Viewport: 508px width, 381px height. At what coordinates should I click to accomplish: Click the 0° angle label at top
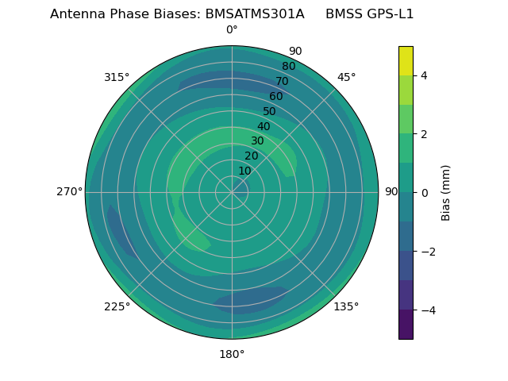232,30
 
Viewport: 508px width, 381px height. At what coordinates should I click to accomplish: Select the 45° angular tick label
347,77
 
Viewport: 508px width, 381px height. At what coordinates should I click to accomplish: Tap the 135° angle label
346,306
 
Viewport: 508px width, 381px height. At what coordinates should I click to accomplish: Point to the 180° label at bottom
232,354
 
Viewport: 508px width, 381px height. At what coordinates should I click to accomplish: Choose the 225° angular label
117,306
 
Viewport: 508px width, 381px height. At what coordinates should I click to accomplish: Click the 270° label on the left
69,191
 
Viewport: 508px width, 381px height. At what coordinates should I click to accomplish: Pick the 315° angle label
117,77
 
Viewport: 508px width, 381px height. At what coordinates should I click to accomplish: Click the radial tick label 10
244,171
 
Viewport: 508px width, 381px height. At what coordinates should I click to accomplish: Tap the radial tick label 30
257,141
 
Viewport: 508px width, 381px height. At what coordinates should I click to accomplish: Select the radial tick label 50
270,111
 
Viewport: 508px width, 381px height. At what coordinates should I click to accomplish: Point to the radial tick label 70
282,81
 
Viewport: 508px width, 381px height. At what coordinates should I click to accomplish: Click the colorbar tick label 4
424,75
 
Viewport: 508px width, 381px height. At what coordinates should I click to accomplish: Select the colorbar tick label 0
424,193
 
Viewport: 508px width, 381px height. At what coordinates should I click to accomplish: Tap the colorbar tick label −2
426,252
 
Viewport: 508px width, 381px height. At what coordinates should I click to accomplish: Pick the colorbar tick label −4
426,310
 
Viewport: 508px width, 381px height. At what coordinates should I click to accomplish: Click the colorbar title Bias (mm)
446,193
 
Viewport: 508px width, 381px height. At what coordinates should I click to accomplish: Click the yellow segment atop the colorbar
406,60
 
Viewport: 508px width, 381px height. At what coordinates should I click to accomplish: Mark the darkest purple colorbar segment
406,325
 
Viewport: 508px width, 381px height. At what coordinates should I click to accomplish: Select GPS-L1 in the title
387,14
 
